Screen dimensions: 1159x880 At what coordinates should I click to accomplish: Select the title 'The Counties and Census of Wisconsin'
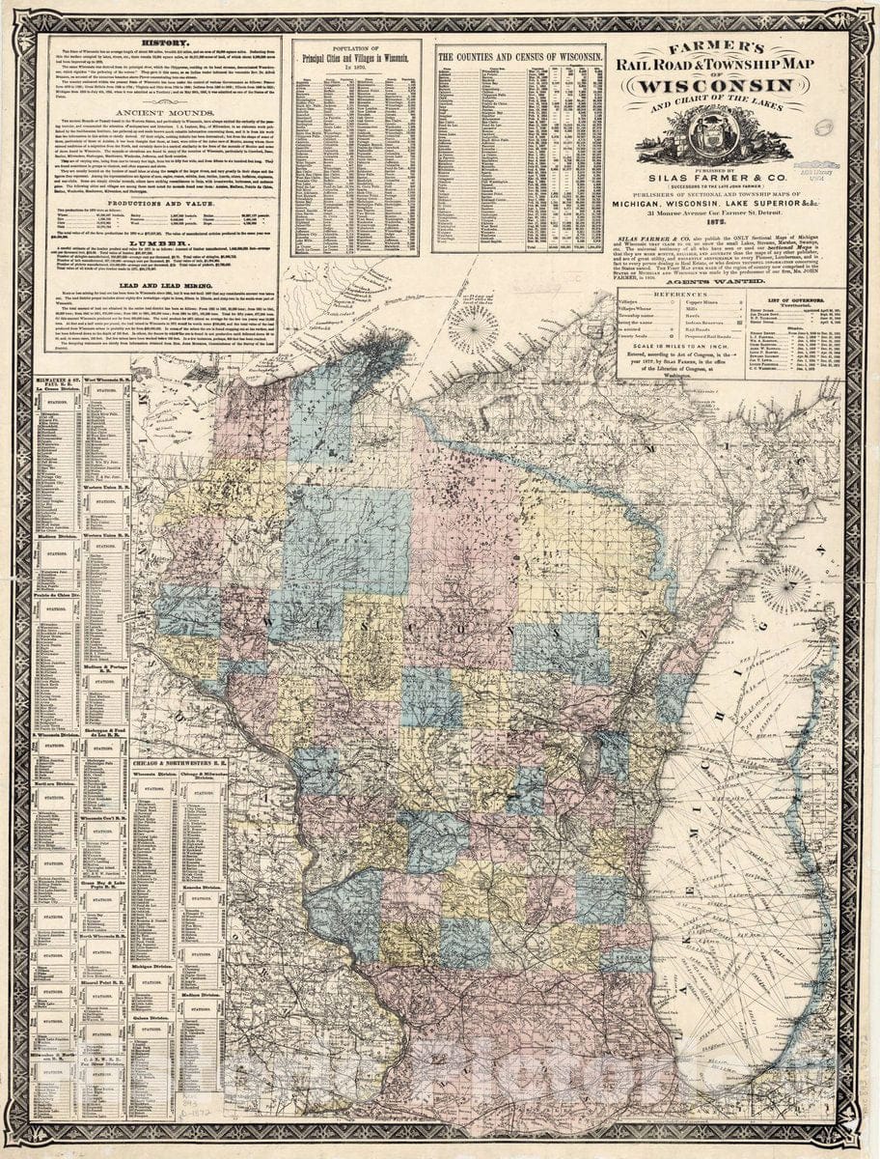pos(521,57)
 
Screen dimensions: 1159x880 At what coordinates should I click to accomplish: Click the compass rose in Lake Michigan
pos(786,589)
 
